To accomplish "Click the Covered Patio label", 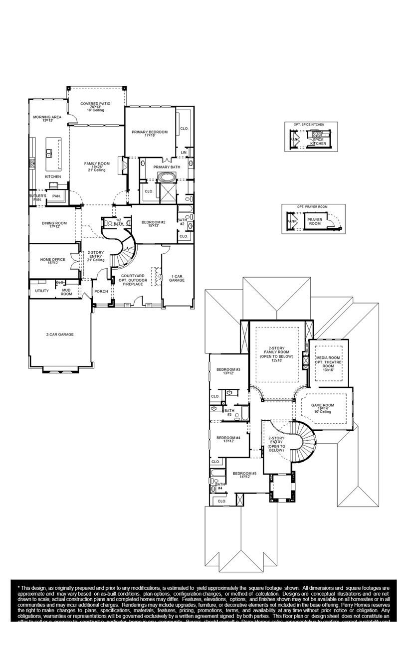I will (95, 104).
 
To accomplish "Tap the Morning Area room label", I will (47, 117).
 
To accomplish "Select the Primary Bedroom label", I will (150, 132).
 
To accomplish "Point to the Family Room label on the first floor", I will (97, 164).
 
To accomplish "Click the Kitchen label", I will (53, 177).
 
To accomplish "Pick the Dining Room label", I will (54, 223).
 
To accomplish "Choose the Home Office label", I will (53, 260).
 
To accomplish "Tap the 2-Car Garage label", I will (60, 335).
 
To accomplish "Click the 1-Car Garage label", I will (177, 278).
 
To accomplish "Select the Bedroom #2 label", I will (153, 222).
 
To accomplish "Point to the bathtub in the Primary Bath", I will (165, 177).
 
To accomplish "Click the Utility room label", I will (42, 291).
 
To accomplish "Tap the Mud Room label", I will (66, 292).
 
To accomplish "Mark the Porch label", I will (101, 292).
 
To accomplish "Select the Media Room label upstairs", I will (328, 358).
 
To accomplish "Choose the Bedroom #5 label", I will (245, 474).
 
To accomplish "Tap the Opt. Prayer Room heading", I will (312, 206).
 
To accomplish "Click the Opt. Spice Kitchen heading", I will (311, 124).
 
